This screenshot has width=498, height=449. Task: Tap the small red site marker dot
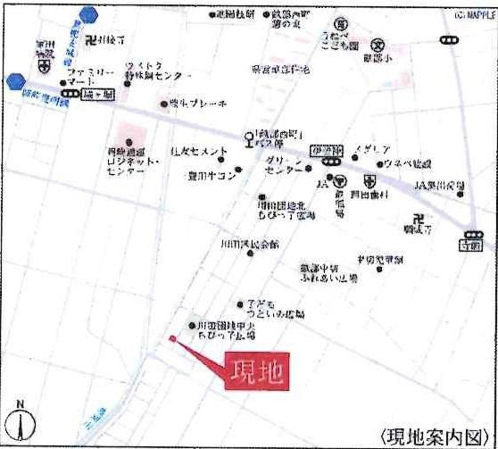(x=172, y=337)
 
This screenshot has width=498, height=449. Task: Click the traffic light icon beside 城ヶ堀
(x=69, y=93)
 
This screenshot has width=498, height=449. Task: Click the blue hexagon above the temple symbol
(x=87, y=14)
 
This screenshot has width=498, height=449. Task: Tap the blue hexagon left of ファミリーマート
(x=14, y=81)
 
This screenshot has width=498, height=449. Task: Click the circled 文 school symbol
(x=378, y=45)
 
